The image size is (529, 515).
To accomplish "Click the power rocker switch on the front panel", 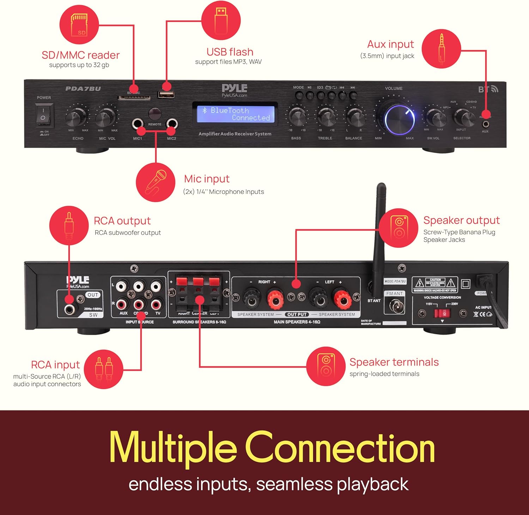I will pos(44,115).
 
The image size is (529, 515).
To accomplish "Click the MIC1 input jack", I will pos(137,124).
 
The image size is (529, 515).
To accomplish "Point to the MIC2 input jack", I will pos(172,123).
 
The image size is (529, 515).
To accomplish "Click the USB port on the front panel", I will pos(166,95).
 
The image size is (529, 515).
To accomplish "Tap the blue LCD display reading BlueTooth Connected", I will pos(235,114).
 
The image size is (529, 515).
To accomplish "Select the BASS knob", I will pos(297,116).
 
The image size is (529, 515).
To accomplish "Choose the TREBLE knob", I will pos(326,116).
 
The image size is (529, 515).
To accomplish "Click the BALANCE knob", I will pos(355,116).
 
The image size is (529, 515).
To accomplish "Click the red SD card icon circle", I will pos(79,24).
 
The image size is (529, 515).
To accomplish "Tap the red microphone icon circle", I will pos(156,182).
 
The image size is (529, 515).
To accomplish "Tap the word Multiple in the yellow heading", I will pos(173,447).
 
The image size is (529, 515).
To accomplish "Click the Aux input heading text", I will pos(390,44).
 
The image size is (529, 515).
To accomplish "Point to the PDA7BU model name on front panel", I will pos(83,89).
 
